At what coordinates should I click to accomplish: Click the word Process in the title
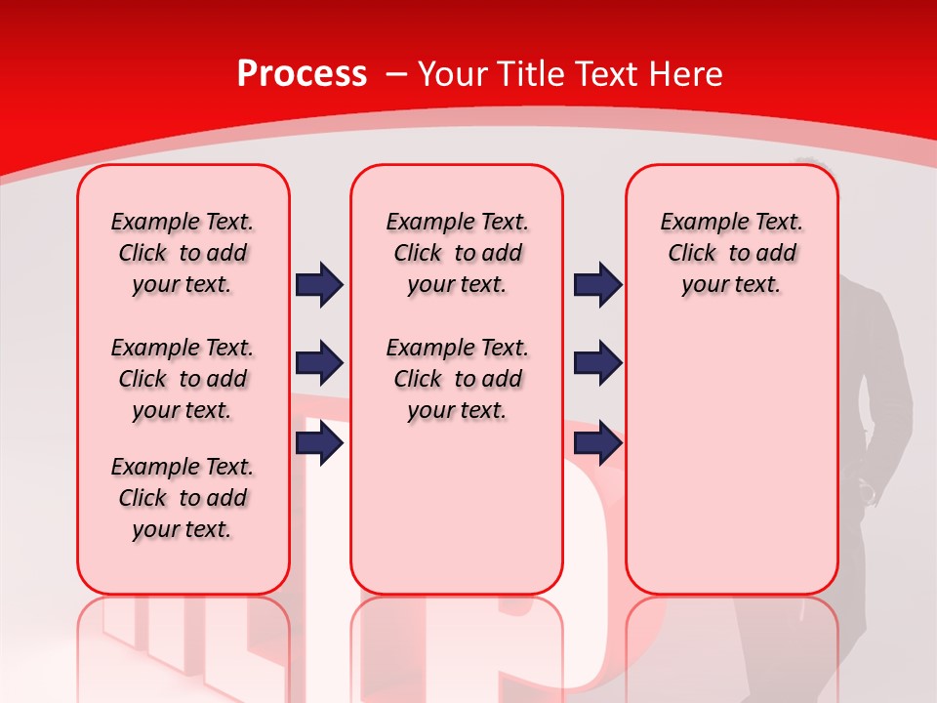tap(302, 74)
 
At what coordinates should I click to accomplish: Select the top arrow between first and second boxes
tap(319, 284)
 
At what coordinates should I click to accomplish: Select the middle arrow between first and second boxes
tap(319, 363)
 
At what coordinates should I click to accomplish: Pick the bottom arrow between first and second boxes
tap(319, 443)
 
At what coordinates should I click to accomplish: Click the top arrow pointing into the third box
tap(598, 284)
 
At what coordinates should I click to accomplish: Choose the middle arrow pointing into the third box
tap(598, 363)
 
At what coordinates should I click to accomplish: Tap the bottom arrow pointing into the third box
tap(598, 443)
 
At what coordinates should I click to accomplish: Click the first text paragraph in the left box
tap(183, 253)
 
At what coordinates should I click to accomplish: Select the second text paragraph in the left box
tap(183, 379)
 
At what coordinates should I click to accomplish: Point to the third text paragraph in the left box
tap(183, 498)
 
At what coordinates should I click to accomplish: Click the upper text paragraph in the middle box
tap(457, 253)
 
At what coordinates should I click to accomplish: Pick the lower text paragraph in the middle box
tap(457, 379)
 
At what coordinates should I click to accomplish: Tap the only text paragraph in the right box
tap(731, 253)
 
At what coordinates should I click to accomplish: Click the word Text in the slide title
tap(604, 74)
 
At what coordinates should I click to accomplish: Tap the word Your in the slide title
tap(453, 74)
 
